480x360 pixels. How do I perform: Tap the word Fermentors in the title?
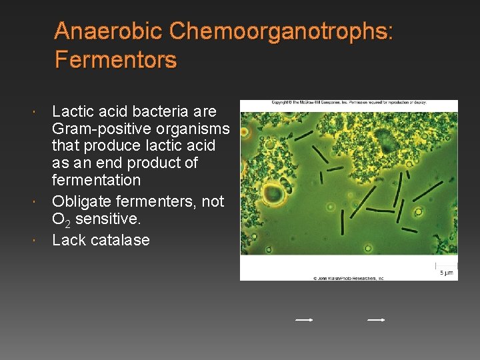pos(115,61)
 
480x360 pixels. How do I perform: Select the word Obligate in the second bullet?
pos(80,201)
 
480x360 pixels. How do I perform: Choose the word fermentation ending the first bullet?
pos(96,180)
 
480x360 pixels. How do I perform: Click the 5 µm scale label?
pos(446,273)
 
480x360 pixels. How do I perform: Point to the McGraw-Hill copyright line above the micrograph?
pos(349,103)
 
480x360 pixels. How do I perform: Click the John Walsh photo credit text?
pos(349,277)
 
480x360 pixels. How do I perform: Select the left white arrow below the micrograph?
pos(304,320)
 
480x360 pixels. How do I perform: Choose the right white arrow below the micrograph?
pos(376,320)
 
